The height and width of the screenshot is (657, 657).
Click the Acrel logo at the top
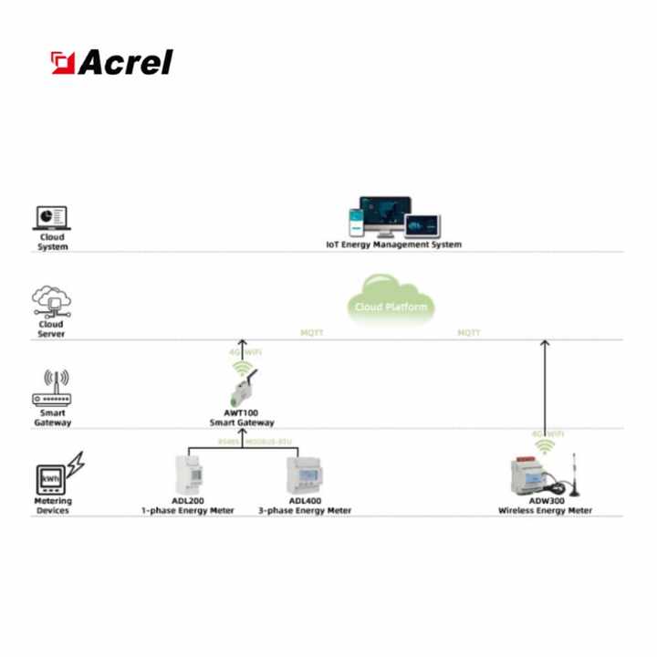(111, 62)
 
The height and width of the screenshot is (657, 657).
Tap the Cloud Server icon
(51, 301)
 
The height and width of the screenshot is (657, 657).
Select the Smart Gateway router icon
(51, 388)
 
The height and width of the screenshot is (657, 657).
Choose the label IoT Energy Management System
(393, 245)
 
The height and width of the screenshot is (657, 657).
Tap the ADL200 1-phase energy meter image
(187, 474)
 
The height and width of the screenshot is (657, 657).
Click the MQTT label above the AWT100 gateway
(312, 333)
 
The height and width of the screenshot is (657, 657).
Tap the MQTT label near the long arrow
(468, 333)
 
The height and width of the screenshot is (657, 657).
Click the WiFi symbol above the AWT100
(242, 369)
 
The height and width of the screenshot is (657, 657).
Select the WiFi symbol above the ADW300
(545, 445)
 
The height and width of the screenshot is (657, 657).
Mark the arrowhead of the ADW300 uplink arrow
(545, 345)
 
